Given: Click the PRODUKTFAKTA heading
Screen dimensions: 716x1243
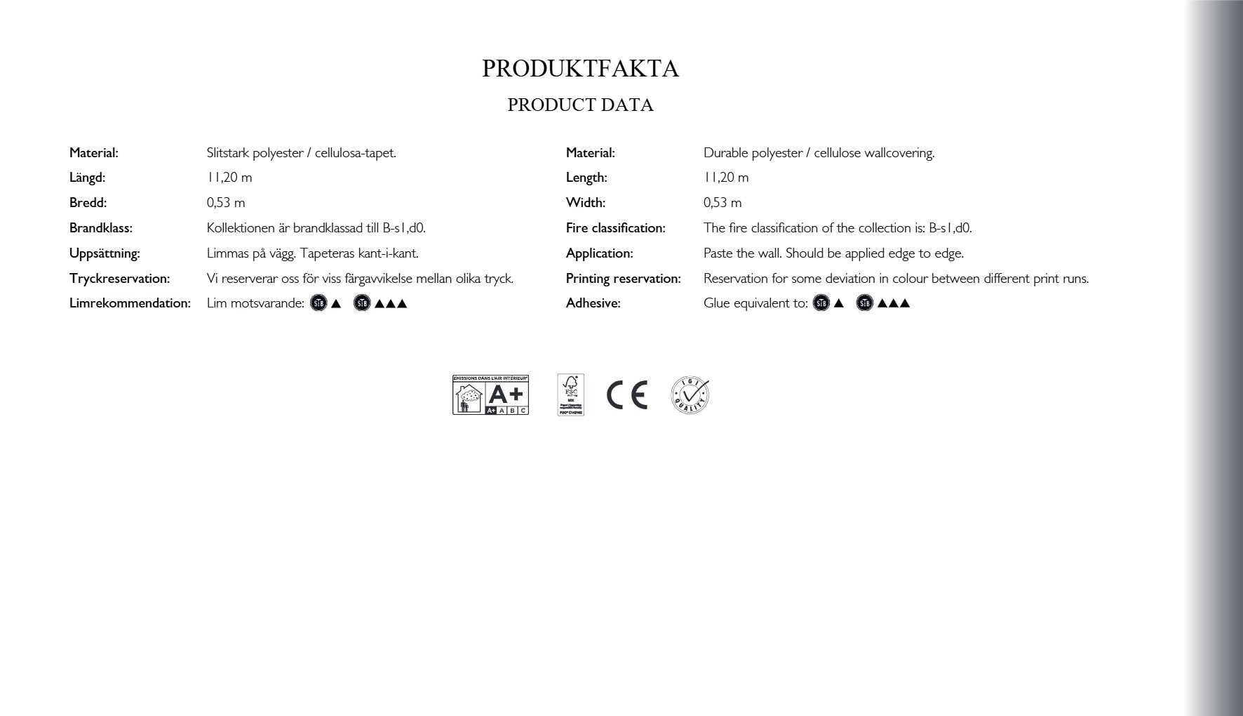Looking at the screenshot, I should tap(580, 69).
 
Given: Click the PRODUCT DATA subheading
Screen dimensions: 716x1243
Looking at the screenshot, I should tap(580, 105).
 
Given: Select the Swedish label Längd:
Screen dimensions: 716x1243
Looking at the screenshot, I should tap(87, 178).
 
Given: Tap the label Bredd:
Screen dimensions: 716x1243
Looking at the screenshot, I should tap(88, 203).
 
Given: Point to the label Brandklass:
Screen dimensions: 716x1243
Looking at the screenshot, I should tap(100, 228).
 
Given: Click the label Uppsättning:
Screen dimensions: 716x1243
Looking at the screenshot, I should tap(105, 253).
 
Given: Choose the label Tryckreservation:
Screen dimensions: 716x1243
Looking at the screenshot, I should tap(119, 279).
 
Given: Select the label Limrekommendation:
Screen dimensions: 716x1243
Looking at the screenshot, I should tap(130, 303).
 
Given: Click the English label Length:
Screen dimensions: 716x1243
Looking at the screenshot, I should tap(586, 178).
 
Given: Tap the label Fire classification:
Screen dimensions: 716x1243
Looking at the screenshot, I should tap(615, 228).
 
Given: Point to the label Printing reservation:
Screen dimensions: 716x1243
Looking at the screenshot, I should tap(623, 279).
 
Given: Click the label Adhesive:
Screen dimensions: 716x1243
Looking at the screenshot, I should tap(593, 303).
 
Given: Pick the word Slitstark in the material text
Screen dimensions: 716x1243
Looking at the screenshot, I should tap(228, 153).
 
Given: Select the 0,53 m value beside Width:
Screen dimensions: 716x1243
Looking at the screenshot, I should tap(722, 203).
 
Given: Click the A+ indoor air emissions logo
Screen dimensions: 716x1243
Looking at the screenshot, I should tap(490, 395).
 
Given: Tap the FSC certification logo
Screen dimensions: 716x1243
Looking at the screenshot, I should tap(570, 395).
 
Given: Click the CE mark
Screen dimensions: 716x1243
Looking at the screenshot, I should tap(626, 395).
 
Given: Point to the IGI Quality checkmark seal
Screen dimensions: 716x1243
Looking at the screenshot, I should tap(690, 395).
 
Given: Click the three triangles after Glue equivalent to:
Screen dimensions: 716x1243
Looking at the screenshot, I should tap(893, 303).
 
